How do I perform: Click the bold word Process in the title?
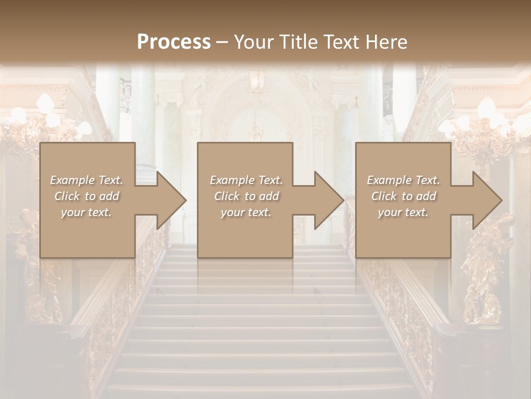pos(174,42)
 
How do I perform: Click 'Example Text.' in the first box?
pos(86,180)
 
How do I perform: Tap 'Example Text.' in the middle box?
pos(246,180)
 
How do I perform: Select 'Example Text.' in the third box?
pos(403,180)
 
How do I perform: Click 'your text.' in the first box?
pos(86,212)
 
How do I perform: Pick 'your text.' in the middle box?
pos(246,212)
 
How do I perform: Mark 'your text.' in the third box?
pos(403,212)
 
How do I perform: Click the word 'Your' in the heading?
pos(252,42)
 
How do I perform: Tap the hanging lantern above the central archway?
pos(256,80)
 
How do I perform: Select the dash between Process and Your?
pos(222,42)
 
